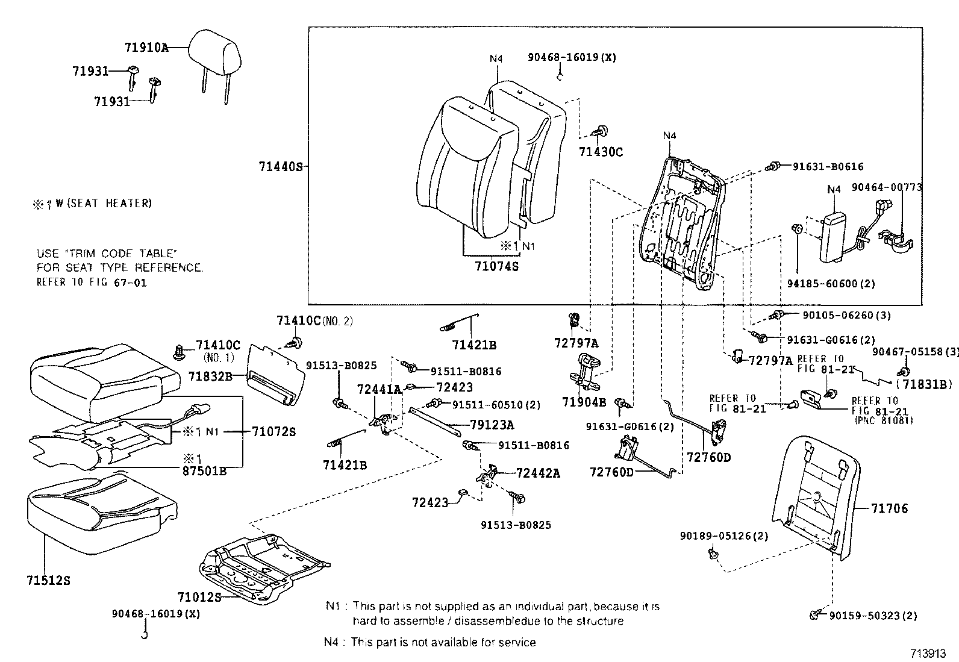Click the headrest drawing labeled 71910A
215,48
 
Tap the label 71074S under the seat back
496,265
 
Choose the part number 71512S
48,581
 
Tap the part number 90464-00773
887,187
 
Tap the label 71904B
584,402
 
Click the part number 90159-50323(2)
873,616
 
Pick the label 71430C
601,152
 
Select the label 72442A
537,473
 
